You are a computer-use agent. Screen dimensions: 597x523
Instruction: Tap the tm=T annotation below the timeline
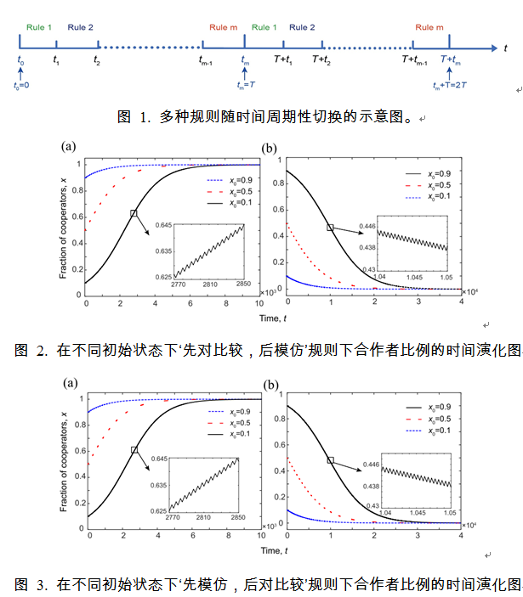coord(244,85)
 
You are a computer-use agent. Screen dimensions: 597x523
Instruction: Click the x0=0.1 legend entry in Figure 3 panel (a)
coord(230,433)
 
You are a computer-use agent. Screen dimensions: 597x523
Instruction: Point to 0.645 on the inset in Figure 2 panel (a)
coord(160,225)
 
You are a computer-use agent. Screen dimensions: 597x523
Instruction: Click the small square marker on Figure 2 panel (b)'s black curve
coord(331,228)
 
